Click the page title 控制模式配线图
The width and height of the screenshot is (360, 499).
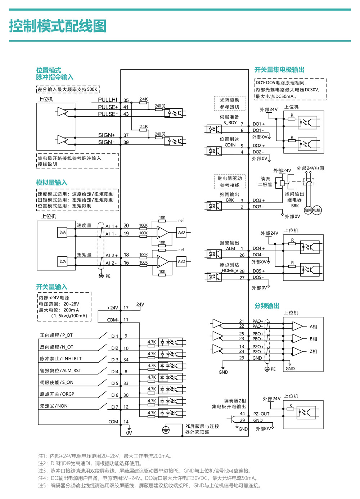58,26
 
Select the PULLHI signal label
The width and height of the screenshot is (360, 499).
107,100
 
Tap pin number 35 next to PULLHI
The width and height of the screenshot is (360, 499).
126,100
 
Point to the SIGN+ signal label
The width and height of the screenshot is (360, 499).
107,135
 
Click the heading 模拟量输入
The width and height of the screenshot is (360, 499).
52,183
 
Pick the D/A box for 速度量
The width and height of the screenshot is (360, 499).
62,232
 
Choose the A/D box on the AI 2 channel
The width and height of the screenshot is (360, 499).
181,261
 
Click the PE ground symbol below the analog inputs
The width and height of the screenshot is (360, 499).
101,276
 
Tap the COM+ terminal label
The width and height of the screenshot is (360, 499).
113,320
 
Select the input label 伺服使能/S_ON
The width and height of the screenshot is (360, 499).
57,382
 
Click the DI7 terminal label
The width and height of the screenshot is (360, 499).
115,407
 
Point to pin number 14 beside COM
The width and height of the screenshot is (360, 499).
126,422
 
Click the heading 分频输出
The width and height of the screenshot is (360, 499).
267,306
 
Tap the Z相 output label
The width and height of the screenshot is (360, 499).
313,351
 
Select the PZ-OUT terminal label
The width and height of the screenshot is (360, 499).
261,414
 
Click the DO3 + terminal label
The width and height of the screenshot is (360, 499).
258,200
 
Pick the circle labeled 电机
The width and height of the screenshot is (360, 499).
317,210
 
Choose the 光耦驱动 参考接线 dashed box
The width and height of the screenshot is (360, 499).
230,103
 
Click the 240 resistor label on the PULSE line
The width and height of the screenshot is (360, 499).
158,106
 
